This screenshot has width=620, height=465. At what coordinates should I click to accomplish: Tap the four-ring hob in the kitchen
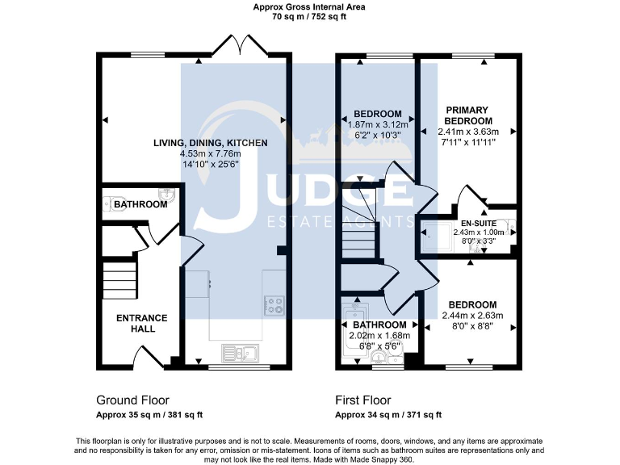(274, 305)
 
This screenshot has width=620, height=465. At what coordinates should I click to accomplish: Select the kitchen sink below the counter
(241, 352)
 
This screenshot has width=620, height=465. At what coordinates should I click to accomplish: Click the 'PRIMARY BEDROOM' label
(468, 115)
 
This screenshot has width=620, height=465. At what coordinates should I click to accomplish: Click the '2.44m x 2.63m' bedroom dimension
(472, 315)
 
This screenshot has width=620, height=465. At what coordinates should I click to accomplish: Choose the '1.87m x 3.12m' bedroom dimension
(378, 124)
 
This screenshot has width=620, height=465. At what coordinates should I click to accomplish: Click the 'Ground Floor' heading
(128, 400)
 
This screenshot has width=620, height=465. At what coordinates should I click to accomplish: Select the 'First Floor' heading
(363, 400)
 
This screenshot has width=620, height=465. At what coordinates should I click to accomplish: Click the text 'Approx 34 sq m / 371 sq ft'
(388, 415)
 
